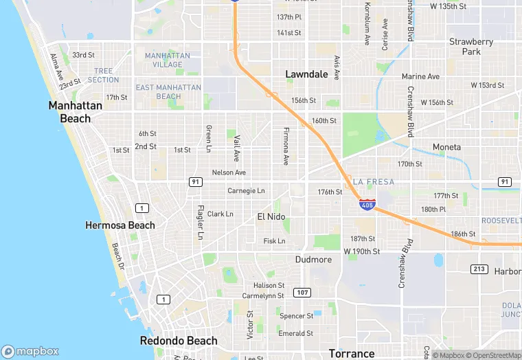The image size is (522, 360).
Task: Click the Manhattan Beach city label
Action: (x=76, y=112)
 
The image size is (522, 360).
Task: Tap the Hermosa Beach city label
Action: (x=120, y=225)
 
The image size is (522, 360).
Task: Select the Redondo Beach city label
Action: (x=179, y=341)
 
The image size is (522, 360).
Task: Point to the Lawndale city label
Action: (x=306, y=74)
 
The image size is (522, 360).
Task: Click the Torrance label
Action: (x=352, y=354)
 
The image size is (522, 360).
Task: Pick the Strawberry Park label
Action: (x=471, y=47)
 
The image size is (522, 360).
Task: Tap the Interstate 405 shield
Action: (x=367, y=203)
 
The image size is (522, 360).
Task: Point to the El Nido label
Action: (x=271, y=217)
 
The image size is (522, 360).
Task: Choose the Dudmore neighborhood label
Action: (x=313, y=260)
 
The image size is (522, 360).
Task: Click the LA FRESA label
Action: (x=374, y=181)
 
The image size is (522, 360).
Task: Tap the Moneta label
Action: (x=446, y=147)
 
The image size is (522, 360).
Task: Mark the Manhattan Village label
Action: (x=164, y=60)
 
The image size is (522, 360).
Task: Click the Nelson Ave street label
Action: (x=229, y=172)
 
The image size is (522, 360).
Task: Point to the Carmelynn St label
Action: (x=262, y=295)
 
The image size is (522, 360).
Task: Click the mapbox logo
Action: (x=30, y=351)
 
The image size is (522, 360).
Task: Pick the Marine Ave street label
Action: (x=420, y=76)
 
